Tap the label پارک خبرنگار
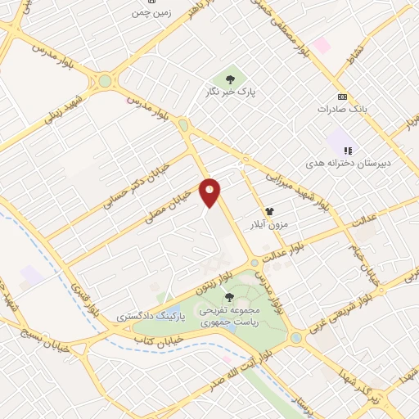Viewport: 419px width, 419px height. tap(232, 93)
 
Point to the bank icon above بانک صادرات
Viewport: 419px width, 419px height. tap(341, 96)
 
